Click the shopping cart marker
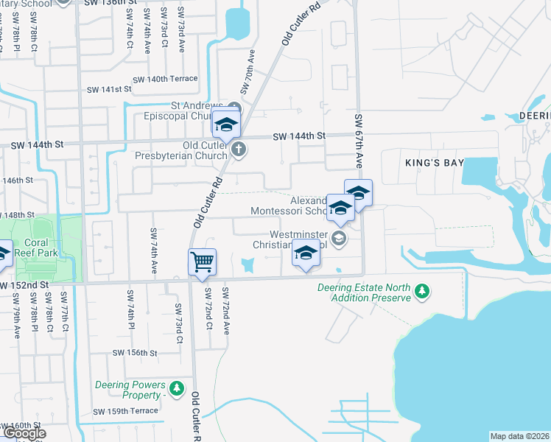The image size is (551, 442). (x=202, y=262)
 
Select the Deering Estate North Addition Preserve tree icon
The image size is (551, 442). (x=422, y=292)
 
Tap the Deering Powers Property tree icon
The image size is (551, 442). (x=176, y=388)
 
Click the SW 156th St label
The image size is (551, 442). (x=135, y=353)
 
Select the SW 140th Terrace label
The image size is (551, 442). (x=165, y=79)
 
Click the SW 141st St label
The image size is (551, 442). (x=108, y=89)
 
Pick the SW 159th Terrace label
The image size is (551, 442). (x=125, y=410)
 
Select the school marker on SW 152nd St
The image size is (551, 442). (x=306, y=254)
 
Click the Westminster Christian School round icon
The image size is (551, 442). (x=338, y=237)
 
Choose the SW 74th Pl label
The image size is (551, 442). (x=130, y=308)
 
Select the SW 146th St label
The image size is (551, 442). (x=18, y=180)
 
